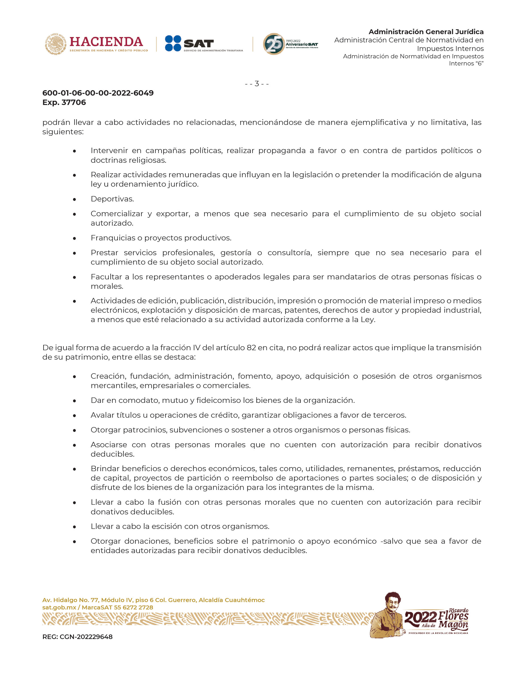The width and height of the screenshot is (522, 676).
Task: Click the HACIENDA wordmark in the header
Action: (106, 42)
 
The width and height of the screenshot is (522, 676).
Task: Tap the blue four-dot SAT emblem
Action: (173, 43)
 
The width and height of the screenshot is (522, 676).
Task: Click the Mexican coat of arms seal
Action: (56, 44)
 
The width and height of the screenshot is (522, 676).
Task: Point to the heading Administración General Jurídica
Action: (426, 32)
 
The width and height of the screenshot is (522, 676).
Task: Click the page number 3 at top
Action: (257, 84)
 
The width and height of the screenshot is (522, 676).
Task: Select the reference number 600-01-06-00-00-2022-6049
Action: (98, 93)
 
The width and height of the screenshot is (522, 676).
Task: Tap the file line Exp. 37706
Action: (64, 102)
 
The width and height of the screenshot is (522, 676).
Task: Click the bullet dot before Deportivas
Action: (74, 199)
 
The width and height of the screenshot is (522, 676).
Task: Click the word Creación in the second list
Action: (108, 376)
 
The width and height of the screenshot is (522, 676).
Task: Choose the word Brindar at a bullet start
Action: (105, 469)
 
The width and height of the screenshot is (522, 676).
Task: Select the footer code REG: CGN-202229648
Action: (77, 643)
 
